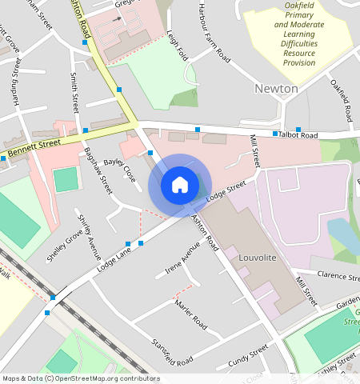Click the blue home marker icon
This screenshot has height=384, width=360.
pyautogui.click(x=180, y=185)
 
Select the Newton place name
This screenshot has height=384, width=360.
pyautogui.click(x=276, y=88)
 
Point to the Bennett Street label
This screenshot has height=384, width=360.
pyautogui.click(x=34, y=147)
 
